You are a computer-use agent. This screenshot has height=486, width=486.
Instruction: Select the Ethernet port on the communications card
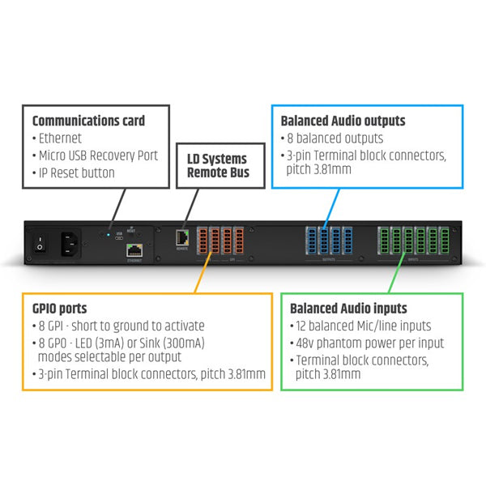(x=134, y=250)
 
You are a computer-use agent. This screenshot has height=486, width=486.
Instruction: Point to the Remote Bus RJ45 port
(x=182, y=238)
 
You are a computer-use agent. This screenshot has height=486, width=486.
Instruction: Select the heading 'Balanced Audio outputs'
(x=343, y=121)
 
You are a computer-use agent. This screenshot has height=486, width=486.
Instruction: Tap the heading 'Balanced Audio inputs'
(x=348, y=309)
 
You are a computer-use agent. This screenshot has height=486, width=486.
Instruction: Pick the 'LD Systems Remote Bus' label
(x=217, y=164)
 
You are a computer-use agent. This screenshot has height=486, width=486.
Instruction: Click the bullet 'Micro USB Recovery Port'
(x=98, y=156)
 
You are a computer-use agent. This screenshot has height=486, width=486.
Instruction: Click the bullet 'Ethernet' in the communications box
(x=60, y=139)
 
